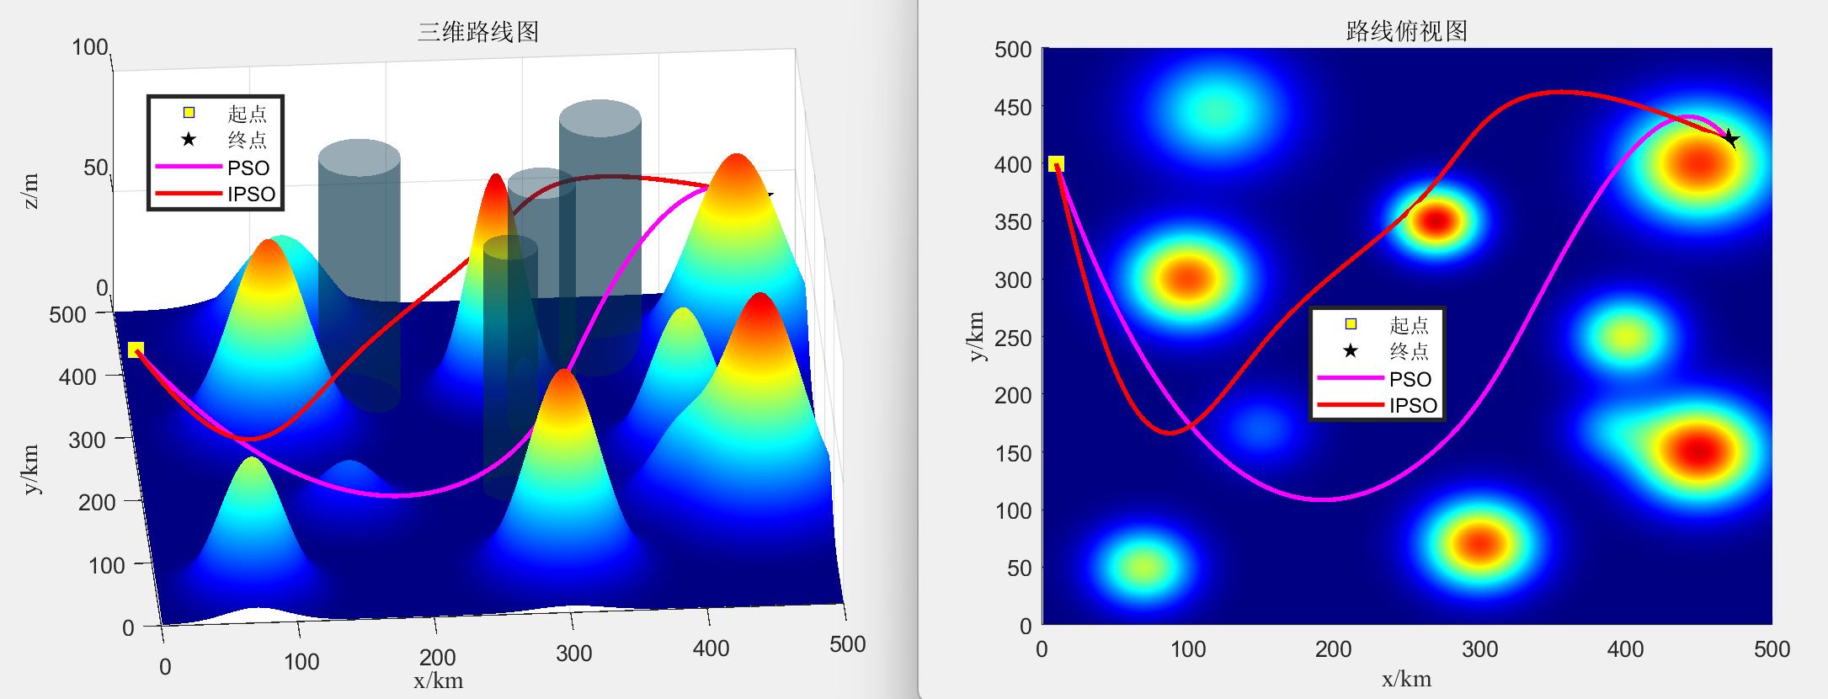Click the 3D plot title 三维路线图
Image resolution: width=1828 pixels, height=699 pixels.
point(477,32)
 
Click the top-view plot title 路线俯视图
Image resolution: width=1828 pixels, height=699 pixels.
point(1406,31)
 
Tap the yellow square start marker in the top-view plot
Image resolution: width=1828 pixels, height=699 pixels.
point(1056,163)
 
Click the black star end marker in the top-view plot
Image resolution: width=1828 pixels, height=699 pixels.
point(1729,138)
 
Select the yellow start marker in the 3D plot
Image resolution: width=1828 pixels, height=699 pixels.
point(136,349)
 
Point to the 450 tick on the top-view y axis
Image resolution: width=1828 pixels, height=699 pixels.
point(1013,108)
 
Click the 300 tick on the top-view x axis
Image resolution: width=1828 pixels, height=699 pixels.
point(1479,649)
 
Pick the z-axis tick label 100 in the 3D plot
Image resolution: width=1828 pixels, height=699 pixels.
point(90,47)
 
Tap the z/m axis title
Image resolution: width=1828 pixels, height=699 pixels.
point(29,190)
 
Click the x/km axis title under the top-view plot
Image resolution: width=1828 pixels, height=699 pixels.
point(1406,680)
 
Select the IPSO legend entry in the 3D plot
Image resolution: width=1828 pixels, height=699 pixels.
point(251,194)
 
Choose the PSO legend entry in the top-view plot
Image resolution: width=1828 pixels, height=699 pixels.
point(1410,379)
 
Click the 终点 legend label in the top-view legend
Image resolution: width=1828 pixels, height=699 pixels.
point(1409,351)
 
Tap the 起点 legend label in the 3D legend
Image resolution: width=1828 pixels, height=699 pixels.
point(247,114)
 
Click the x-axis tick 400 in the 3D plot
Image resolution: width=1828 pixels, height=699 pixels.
point(711,648)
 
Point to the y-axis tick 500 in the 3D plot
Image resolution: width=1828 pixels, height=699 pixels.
point(68,315)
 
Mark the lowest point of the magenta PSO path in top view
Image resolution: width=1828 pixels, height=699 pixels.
point(1322,499)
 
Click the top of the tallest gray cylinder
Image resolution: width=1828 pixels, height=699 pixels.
point(600,118)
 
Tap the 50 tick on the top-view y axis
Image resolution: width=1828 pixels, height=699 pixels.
point(1019,568)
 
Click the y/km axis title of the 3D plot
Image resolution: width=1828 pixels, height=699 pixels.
point(30,469)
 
